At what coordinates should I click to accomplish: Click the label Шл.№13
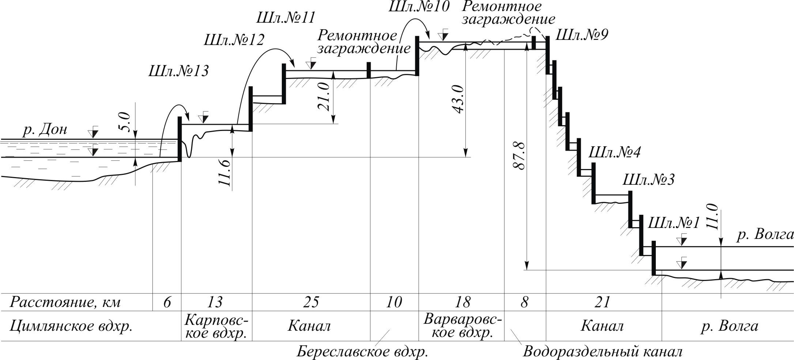tap(178, 71)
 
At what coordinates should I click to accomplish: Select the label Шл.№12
tap(234, 40)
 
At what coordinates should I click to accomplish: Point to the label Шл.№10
tap(419, 7)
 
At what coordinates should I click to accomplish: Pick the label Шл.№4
tap(614, 152)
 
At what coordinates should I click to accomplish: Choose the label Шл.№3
tap(647, 180)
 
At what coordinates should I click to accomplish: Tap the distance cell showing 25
tap(310, 303)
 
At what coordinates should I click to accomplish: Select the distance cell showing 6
tap(167, 303)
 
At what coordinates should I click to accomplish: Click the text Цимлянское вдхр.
tap(71, 326)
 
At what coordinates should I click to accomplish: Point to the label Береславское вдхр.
tap(362, 352)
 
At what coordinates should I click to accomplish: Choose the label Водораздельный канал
tap(602, 352)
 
